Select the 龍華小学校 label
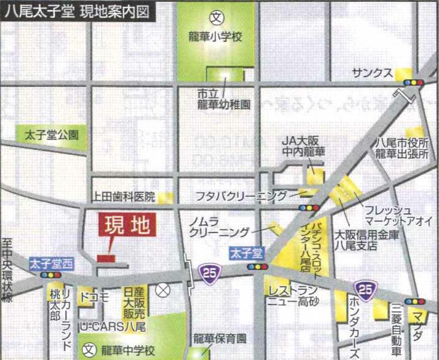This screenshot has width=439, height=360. (x=216, y=37)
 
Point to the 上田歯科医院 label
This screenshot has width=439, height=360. (x=124, y=197)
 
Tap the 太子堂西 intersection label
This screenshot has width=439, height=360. (x=52, y=262)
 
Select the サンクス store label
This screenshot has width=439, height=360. (x=372, y=73)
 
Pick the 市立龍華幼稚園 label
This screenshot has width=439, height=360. (x=223, y=99)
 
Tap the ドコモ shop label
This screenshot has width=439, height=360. (x=94, y=297)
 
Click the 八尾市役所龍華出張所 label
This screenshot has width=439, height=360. (x=402, y=149)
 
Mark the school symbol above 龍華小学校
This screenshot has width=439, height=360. (x=216, y=17)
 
